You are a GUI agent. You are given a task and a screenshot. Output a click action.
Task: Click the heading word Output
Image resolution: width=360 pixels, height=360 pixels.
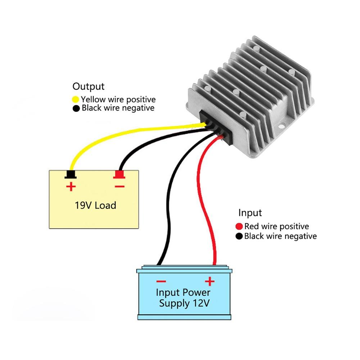tap(88, 86)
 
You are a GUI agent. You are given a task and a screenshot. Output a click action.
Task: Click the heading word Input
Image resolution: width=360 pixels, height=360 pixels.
tap(250, 213)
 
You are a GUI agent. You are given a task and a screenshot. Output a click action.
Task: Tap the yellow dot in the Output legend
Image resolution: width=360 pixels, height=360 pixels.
tap(76, 99)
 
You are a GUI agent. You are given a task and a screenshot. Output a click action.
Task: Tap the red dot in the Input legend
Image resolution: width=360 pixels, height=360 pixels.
tap(239, 227)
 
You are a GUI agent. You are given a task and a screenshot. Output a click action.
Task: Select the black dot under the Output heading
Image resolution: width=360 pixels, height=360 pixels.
tap(76, 108)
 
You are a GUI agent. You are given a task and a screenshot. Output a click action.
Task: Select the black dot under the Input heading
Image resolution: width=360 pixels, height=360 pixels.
tap(239, 237)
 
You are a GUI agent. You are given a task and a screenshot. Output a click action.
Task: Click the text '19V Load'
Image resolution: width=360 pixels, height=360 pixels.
tap(95, 206)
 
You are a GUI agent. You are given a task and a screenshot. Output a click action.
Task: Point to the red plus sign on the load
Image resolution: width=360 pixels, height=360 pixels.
tap(71, 186)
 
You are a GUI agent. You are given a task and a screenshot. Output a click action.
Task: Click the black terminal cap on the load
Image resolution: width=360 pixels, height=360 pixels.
tap(71, 175)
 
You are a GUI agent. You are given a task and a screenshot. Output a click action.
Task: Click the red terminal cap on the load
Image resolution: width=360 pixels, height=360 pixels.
tap(119, 175)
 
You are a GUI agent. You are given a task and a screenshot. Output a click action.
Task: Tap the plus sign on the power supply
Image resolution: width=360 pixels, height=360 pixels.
tap(210, 281)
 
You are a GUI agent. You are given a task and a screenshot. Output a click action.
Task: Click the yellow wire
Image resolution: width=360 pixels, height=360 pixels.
tap(108, 135)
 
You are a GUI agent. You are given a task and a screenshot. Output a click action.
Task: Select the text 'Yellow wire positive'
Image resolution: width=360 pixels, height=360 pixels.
tap(118, 99)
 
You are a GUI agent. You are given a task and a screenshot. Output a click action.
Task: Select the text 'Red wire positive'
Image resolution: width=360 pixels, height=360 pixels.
tap(276, 227)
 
